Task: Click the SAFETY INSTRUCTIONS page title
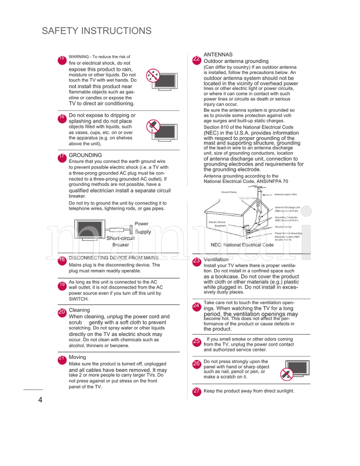tap(96, 31)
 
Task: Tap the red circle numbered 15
tap(62, 59)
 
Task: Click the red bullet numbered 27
tap(197, 391)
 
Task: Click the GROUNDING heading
tap(85, 155)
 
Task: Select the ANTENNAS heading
tap(218, 54)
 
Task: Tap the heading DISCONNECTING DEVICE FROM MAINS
tap(113, 258)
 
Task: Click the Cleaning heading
tap(79, 310)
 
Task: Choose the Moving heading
tap(77, 357)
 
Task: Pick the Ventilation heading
tap(216, 260)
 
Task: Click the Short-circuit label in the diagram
tap(120, 238)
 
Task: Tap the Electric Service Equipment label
tap(217, 224)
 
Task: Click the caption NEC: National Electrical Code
tap(242, 245)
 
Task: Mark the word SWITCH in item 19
tap(79, 299)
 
